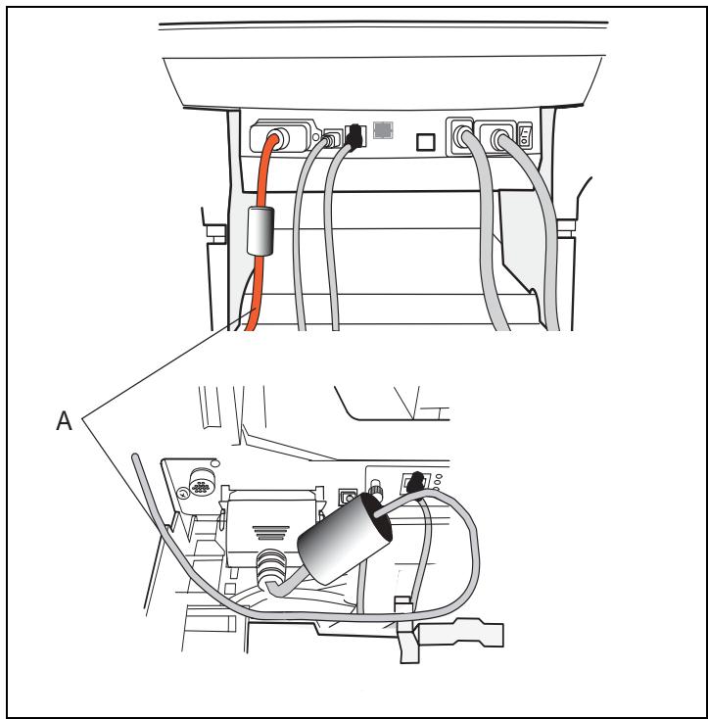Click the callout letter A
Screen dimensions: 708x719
pyautogui.click(x=65, y=420)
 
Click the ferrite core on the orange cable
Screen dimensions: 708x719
pyautogui.click(x=260, y=230)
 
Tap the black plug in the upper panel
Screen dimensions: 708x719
pyautogui.click(x=354, y=136)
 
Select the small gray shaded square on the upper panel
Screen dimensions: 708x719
pyautogui.click(x=383, y=130)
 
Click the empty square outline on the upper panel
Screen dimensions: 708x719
pyautogui.click(x=426, y=142)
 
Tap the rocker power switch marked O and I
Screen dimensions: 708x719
pyautogui.click(x=525, y=135)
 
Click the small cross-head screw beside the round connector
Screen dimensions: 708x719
pyautogui.click(x=183, y=495)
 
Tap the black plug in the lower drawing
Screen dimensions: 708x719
pyautogui.click(x=416, y=482)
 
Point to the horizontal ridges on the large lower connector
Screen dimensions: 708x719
pyautogui.click(x=271, y=533)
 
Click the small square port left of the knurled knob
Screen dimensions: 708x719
pyautogui.click(x=348, y=497)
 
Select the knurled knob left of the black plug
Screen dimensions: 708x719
pyautogui.click(x=377, y=490)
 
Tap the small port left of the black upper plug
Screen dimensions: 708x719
pyautogui.click(x=333, y=137)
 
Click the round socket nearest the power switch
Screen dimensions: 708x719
pyautogui.click(x=498, y=136)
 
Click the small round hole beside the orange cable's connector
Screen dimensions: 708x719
pyautogui.click(x=315, y=137)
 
